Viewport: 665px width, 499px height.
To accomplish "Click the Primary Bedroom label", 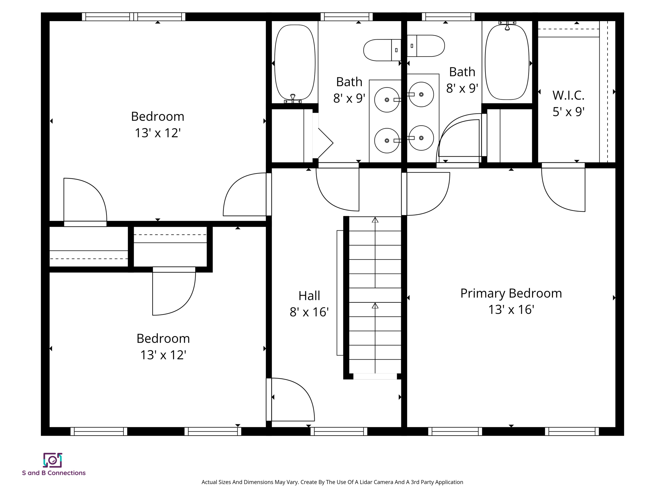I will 511,293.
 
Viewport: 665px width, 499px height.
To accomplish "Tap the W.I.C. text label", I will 568,96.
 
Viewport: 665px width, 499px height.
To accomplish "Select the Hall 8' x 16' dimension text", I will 309,312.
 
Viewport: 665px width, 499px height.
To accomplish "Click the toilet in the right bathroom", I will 426,46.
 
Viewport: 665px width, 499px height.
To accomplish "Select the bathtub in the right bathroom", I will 507,62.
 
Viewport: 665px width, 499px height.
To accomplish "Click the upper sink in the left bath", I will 387,100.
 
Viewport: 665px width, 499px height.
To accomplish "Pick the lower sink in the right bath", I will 421,138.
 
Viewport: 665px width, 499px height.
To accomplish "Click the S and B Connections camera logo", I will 53,460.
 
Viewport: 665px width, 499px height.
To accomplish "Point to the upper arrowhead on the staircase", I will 375,220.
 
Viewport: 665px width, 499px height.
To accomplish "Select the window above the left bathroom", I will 346,17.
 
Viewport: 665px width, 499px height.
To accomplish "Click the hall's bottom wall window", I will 339,431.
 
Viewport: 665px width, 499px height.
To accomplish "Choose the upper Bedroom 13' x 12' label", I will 157,124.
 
